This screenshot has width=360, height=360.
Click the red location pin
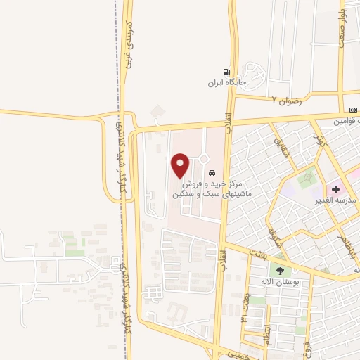pos(181,165)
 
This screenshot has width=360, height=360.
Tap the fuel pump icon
pos(225,71)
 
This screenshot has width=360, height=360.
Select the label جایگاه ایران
pos(224,82)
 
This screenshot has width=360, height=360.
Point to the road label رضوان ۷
pos(285,99)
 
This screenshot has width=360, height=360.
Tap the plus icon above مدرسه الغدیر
pos(335,188)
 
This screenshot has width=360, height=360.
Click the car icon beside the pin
pos(211,173)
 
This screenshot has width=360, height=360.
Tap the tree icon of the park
pos(281,270)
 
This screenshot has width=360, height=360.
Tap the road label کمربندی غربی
pos(128,45)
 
